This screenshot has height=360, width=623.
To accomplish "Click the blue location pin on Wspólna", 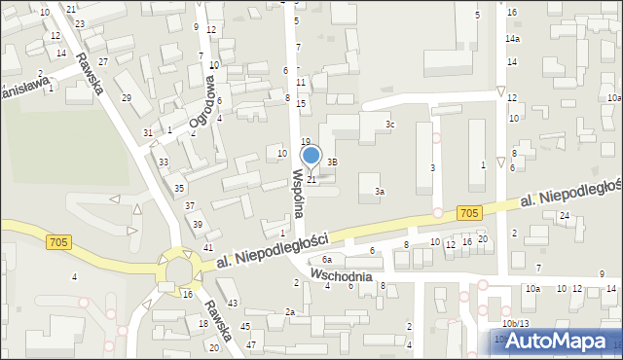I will point(311,156).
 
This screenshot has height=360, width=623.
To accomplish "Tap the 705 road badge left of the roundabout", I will point(57,239).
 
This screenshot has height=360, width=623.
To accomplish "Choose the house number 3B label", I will point(332,162).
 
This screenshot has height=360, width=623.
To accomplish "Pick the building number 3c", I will point(389,125).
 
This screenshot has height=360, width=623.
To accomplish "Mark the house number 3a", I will point(381,192).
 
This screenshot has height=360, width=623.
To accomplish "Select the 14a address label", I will point(512,38).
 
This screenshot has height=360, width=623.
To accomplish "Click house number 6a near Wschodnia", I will point(328,260).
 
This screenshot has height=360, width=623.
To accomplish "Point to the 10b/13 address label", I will point(515,323).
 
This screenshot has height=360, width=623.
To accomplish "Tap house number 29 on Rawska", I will point(126,98).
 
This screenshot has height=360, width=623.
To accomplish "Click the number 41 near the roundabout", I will point(208,248).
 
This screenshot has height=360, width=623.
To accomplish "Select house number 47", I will point(251,345).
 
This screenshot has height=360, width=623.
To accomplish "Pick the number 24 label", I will point(564,216).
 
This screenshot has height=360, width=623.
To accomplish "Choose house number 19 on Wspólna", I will point(305,142).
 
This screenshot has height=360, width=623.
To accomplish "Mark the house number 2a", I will point(289,311).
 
